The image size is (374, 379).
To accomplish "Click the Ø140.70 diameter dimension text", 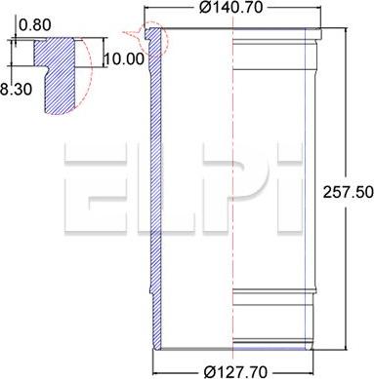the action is tap(230, 7).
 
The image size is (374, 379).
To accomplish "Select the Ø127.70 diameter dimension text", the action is tap(235, 371).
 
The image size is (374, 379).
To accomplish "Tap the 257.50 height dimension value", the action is tap(348, 192).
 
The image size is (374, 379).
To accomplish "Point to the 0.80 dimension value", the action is tap(35, 25).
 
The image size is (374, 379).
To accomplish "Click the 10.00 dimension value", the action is tap(124, 59).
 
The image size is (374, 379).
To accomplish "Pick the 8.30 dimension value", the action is tap(17, 90).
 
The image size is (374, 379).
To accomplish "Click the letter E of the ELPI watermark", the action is tap(95, 187).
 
